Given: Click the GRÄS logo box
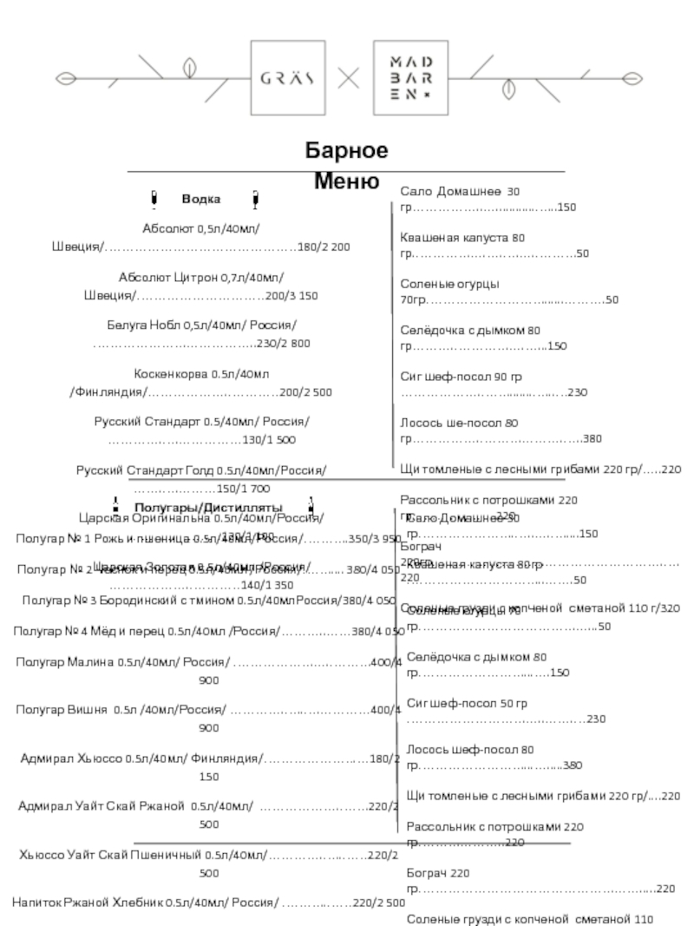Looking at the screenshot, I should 287,77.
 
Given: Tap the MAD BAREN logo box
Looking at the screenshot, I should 410,77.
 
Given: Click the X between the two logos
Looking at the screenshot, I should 349,78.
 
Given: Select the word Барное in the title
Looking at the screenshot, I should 345,151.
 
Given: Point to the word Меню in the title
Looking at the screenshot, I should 345,182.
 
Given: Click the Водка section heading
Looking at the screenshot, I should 201,200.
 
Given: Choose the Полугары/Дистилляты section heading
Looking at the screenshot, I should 208,507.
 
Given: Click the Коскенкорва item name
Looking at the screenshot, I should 172,374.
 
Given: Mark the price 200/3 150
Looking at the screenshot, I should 291,296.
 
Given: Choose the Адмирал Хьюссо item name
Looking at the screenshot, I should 71,759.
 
